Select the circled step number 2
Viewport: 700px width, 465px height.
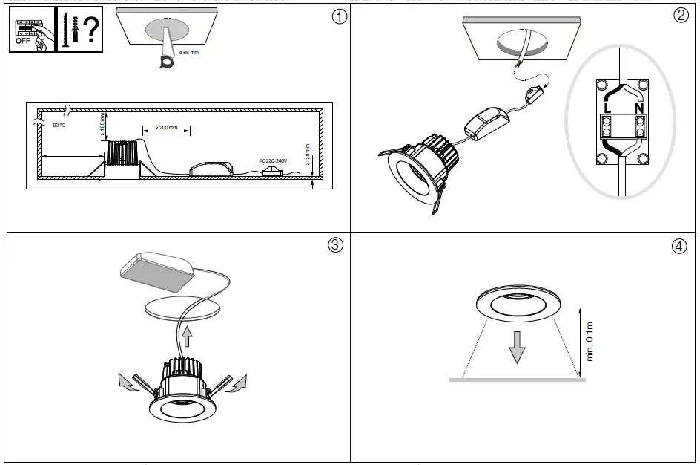(x=680, y=16)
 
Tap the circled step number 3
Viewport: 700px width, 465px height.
(x=335, y=245)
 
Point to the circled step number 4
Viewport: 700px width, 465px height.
(x=679, y=247)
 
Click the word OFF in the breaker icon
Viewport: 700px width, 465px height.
(x=24, y=42)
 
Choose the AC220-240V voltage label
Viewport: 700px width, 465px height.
(x=272, y=160)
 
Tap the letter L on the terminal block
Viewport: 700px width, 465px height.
(x=608, y=108)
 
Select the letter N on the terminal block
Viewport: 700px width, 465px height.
(x=638, y=108)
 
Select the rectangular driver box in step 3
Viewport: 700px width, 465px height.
(x=159, y=270)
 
